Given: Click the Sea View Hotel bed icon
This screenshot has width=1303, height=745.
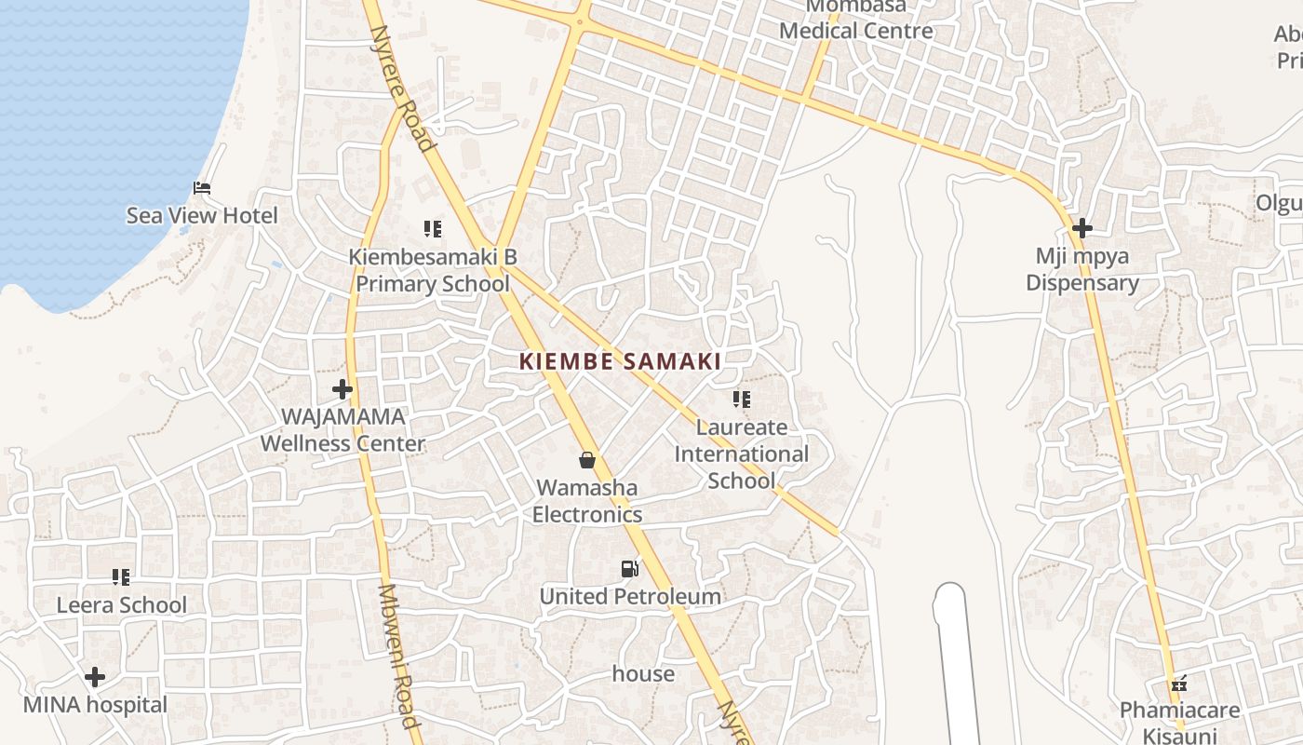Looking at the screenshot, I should (202, 188).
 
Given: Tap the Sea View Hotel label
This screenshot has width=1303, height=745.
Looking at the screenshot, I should (202, 216).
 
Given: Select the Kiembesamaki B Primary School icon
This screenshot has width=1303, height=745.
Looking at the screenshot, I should (432, 228).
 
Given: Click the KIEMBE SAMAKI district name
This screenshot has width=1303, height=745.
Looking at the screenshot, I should (620, 361).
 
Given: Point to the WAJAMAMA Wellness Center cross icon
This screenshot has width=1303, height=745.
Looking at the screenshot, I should (343, 389).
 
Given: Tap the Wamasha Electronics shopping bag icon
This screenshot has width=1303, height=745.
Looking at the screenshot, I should (587, 460).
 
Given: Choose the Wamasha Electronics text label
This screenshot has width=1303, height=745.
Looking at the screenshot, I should (587, 501).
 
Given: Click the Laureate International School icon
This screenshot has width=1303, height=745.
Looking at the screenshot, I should (741, 400).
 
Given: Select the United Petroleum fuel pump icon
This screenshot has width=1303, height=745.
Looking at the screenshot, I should (630, 568).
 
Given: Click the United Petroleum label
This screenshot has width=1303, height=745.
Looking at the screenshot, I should (630, 596).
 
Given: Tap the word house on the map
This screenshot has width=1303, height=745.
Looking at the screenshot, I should (643, 673).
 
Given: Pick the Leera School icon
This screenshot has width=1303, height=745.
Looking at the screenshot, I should (121, 577).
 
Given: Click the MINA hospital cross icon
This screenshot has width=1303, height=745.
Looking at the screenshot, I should (95, 677).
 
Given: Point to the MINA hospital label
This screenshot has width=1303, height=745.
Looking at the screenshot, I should (95, 705).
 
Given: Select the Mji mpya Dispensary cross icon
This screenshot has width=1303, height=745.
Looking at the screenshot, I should (1081, 227).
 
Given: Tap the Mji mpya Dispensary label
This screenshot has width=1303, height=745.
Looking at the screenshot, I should (1081, 269).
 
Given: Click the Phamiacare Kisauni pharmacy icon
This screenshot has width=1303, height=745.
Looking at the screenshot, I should (1179, 684).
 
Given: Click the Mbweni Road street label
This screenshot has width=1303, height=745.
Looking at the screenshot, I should (397, 657).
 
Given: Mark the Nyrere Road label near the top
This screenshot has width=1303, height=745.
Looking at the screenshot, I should (402, 88).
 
